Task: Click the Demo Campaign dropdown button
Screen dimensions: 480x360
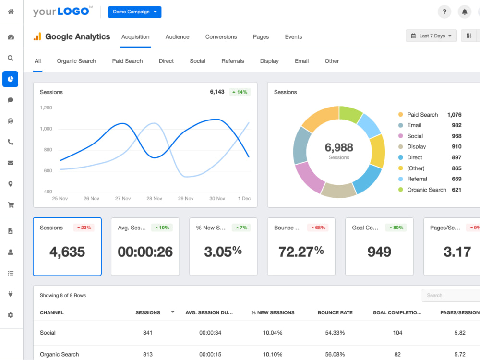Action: pyautogui.click(x=135, y=12)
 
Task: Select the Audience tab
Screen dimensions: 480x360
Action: pyautogui.click(x=177, y=37)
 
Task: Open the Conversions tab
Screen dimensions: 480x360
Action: pyautogui.click(x=221, y=37)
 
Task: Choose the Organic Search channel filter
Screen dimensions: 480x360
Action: pyautogui.click(x=76, y=61)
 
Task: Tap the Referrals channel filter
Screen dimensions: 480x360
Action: pyautogui.click(x=233, y=61)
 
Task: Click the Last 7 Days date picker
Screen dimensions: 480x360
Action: pyautogui.click(x=431, y=36)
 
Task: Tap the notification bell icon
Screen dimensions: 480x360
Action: pyautogui.click(x=464, y=12)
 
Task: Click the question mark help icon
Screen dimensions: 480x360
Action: pyautogui.click(x=444, y=12)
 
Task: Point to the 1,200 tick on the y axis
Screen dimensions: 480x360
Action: pyautogui.click(x=46, y=108)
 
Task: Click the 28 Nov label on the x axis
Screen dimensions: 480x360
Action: pyautogui.click(x=154, y=198)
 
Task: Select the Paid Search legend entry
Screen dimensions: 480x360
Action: pyautogui.click(x=422, y=115)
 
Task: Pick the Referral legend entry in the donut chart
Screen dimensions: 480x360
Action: pyautogui.click(x=417, y=179)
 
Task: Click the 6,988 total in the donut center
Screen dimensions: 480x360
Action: pyautogui.click(x=339, y=147)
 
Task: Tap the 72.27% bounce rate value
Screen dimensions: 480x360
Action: pyautogui.click(x=301, y=252)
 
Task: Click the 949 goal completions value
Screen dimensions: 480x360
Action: pyautogui.click(x=379, y=252)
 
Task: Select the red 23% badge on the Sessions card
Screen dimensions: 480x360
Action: pyautogui.click(x=84, y=228)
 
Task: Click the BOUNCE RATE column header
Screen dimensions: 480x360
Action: pyautogui.click(x=335, y=312)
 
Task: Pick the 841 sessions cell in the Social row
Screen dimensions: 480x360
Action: pyautogui.click(x=147, y=333)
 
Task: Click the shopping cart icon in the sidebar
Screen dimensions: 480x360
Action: pyautogui.click(x=11, y=205)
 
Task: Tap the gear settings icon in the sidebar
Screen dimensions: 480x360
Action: pyautogui.click(x=11, y=315)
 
